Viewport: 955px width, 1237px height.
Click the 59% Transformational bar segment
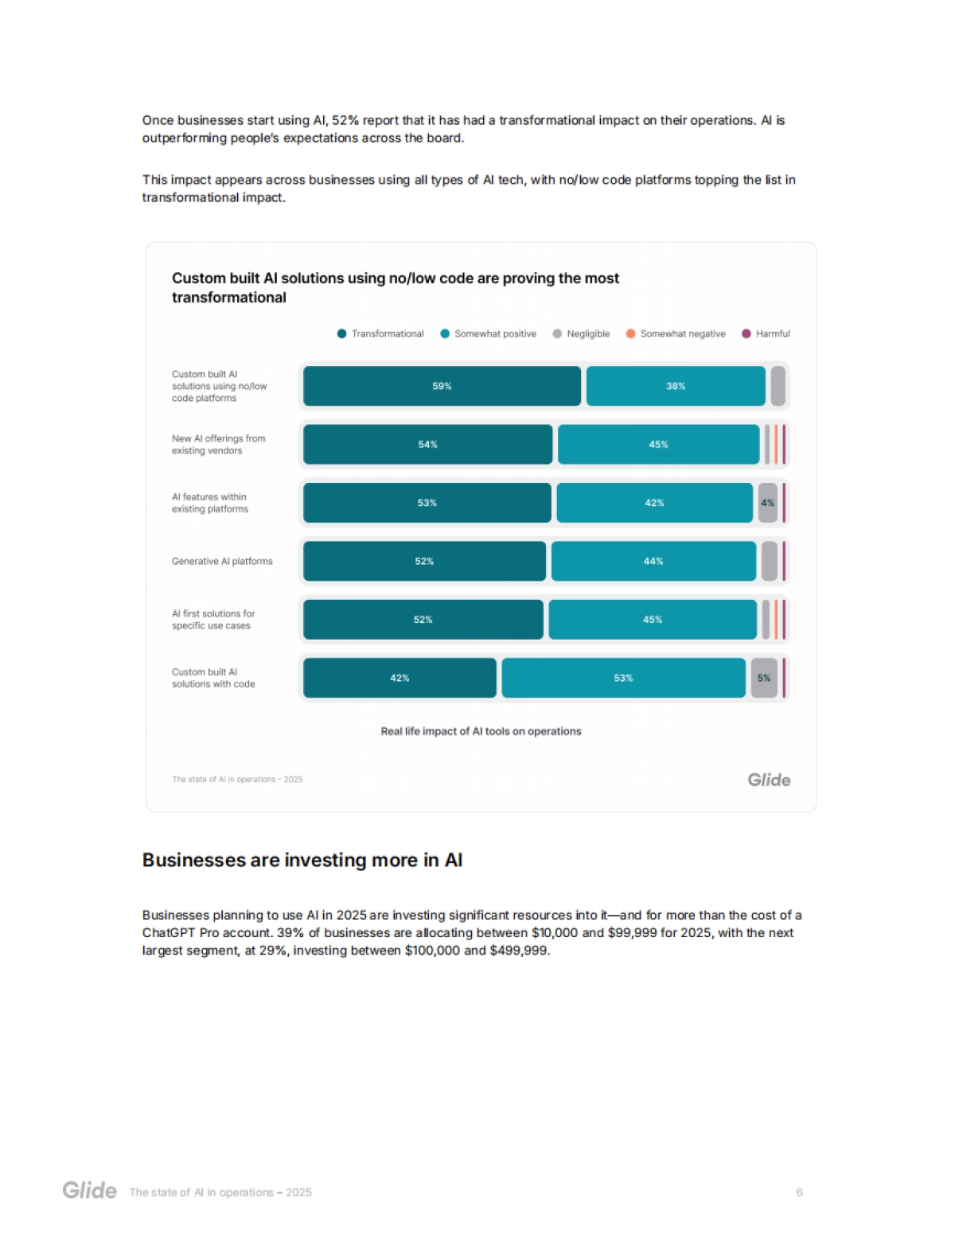[442, 386]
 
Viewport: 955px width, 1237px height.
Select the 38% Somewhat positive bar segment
[675, 386]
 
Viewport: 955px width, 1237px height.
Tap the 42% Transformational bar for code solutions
[400, 678]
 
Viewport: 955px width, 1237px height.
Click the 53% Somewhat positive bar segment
[623, 678]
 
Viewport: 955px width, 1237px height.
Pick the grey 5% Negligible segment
[764, 678]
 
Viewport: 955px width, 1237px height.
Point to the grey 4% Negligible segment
[767, 503]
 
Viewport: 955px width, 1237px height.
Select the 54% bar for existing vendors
[427, 445]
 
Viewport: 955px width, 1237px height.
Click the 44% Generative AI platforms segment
[653, 561]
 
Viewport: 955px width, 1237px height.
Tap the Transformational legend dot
[341, 334]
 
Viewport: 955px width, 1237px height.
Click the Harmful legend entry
[766, 334]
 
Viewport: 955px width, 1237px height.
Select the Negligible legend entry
[582, 334]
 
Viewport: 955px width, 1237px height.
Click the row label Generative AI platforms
[222, 561]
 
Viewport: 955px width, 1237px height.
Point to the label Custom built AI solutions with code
[213, 678]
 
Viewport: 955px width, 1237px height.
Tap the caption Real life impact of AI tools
[481, 731]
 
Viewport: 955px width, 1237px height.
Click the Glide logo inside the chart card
[769, 780]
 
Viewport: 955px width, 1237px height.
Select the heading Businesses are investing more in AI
[302, 860]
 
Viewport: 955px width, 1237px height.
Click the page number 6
[799, 1192]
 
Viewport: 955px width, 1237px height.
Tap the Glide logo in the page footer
[90, 1191]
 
